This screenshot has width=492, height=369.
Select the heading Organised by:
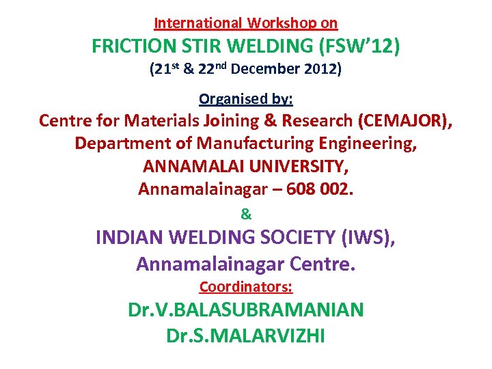pyautogui.click(x=246, y=99)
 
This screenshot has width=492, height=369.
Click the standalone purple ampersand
pyautogui.click(x=246, y=214)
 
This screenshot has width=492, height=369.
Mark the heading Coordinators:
pyautogui.click(x=246, y=286)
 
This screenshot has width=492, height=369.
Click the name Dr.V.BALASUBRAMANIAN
pyautogui.click(x=246, y=310)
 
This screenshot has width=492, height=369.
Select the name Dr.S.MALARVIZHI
pyautogui.click(x=246, y=336)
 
